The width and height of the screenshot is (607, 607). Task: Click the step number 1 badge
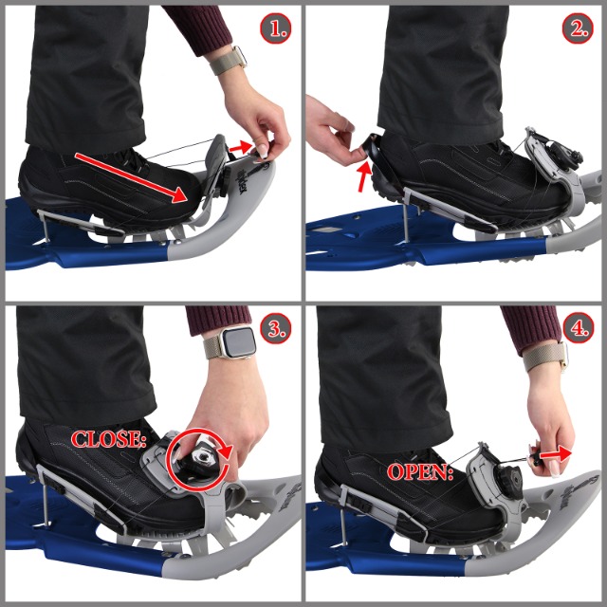click(275, 28)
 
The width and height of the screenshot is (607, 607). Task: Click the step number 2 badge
click(578, 28)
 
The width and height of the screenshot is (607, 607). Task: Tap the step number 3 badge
click(275, 329)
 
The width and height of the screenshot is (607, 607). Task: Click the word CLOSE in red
click(107, 439)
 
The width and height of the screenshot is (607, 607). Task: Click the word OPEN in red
click(420, 472)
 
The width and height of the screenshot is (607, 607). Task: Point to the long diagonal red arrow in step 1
click(132, 177)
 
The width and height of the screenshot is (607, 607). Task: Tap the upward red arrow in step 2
click(364, 177)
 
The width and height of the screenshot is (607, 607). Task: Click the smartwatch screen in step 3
click(240, 342)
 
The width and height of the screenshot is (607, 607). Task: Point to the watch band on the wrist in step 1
click(228, 60)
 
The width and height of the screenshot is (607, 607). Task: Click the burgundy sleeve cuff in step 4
click(532, 325)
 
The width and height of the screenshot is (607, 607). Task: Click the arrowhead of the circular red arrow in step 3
click(226, 452)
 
